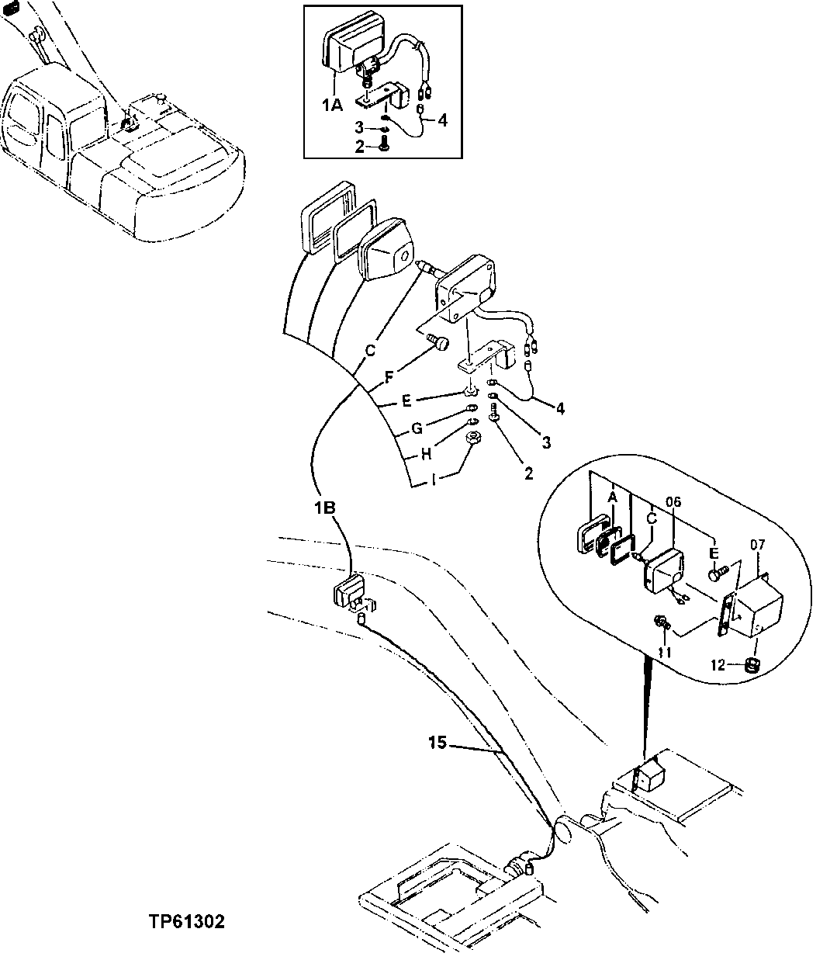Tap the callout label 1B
(325, 508)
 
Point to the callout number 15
(437, 743)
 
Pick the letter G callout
(417, 428)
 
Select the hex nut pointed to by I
(474, 439)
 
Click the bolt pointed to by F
(440, 343)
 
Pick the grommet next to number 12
(751, 664)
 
